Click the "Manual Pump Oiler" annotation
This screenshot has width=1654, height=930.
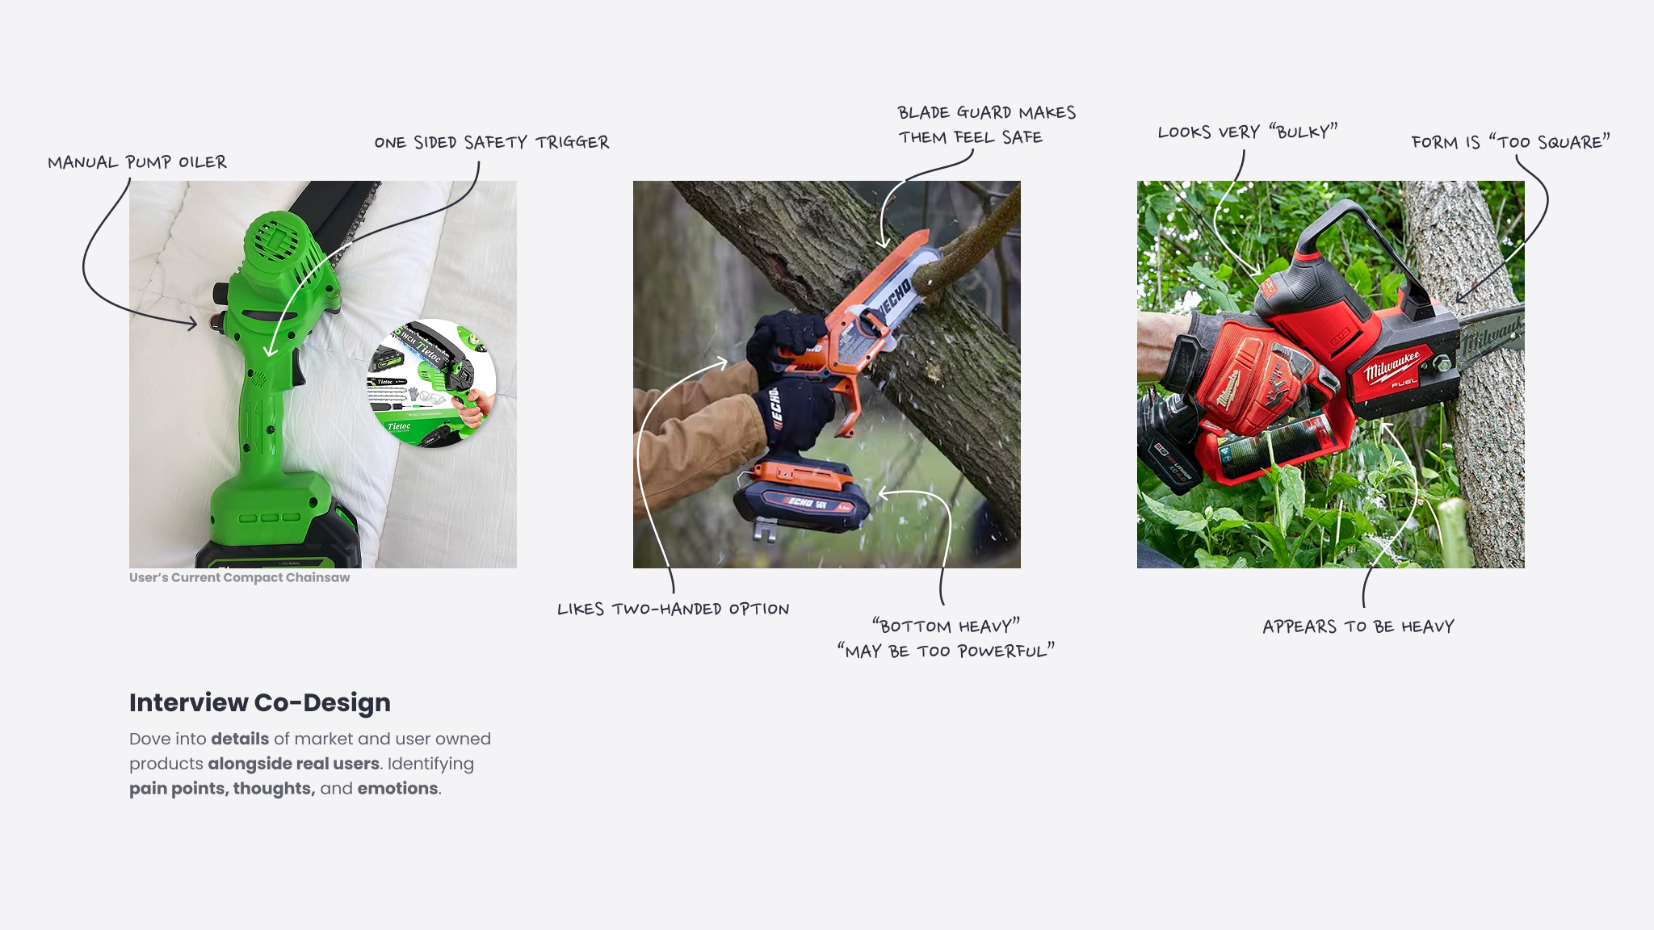[x=137, y=162]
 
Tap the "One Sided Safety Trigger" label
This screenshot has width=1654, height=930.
[x=492, y=143]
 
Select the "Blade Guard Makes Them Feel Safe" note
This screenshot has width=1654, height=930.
[x=986, y=125]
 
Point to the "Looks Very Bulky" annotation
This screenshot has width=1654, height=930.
[x=1248, y=132]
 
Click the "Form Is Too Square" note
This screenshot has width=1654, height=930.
[x=1510, y=142]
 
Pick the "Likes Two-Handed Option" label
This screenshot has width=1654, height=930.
[x=674, y=609]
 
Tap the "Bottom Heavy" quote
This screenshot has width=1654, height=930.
[x=946, y=626]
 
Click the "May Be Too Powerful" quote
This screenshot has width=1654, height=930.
[x=946, y=651]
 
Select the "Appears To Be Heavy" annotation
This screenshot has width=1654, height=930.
[x=1358, y=626]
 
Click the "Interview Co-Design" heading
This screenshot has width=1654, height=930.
[x=260, y=703]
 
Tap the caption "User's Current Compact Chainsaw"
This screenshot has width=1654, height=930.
[x=240, y=577]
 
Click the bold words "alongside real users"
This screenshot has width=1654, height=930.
[x=294, y=764]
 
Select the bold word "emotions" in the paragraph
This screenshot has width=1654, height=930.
[x=398, y=789]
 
